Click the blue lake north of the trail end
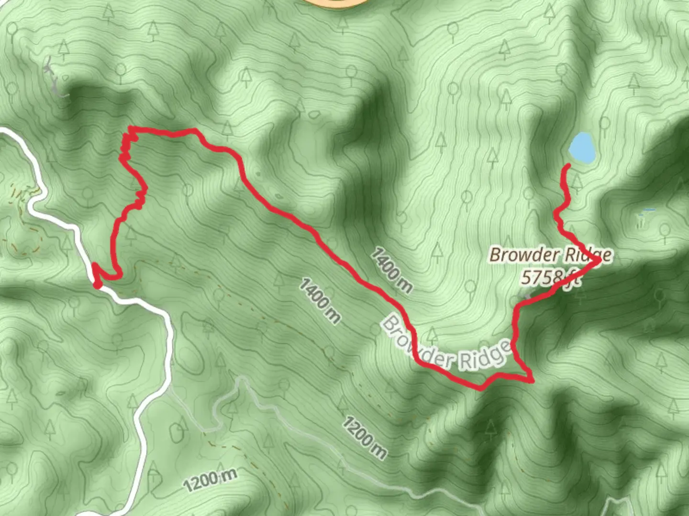point(582,148)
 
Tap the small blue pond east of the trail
point(649,210)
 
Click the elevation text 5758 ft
point(550,277)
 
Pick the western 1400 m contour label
point(320,301)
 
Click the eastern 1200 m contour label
point(365,438)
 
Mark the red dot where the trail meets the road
point(97,285)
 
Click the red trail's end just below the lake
point(568,166)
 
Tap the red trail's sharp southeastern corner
point(531,380)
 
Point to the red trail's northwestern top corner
point(131,128)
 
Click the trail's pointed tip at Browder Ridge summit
point(599,260)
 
